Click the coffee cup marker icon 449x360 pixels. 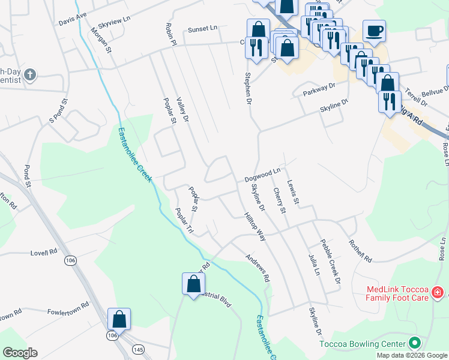coord(374,31)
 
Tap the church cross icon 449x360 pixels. coord(29,75)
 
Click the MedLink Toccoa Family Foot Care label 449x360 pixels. coord(397,293)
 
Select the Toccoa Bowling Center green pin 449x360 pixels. coord(414,344)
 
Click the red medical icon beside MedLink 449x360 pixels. coord(438,293)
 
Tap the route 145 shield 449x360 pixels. coord(139,349)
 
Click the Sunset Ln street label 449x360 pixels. coord(202,28)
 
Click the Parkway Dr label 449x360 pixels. coord(319,89)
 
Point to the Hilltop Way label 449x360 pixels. coord(255,226)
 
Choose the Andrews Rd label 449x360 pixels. coord(258,268)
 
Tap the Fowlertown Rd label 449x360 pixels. coord(68,305)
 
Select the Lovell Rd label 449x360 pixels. coord(44,253)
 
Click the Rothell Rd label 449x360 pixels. coord(360,250)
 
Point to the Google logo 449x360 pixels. coord(20,353)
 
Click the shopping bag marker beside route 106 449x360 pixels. coord(119,319)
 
